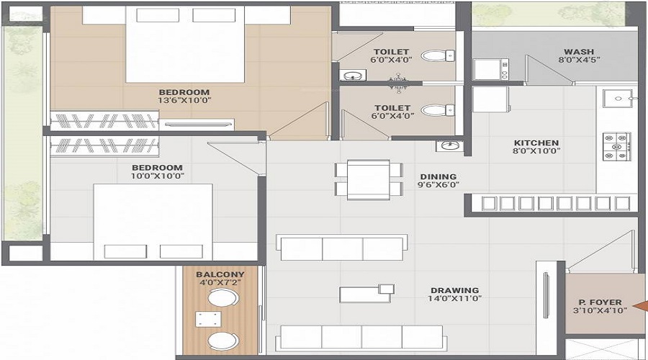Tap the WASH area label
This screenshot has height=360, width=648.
click(578, 52)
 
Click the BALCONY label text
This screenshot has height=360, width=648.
click(220, 274)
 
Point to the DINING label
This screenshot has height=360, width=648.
click(438, 176)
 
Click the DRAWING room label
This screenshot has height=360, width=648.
click(455, 290)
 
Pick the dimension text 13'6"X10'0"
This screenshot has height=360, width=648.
click(184, 101)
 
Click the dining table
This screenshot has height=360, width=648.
click(368, 179)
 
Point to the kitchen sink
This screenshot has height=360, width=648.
click(616, 98)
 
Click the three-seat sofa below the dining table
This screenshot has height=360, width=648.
click(342, 248)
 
